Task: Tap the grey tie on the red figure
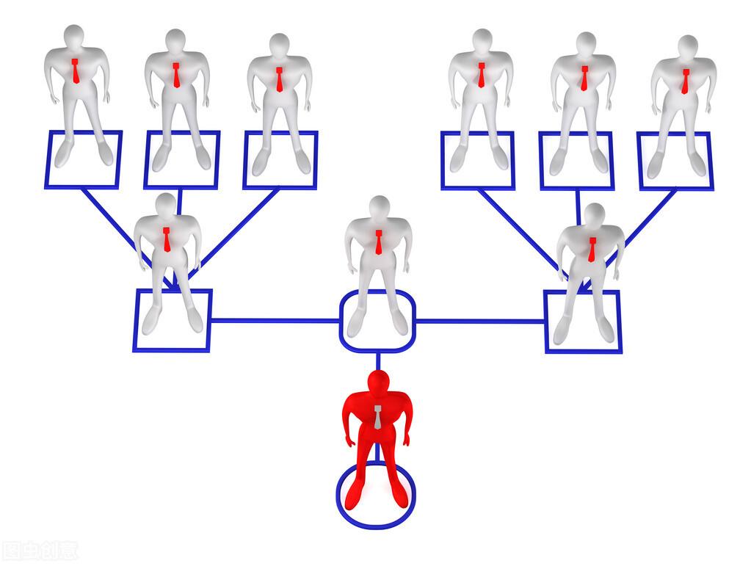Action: pyautogui.click(x=377, y=416)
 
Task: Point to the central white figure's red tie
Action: pyautogui.click(x=379, y=242)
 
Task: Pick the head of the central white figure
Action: pyautogui.click(x=379, y=208)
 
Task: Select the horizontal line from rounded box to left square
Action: pyautogui.click(x=275, y=321)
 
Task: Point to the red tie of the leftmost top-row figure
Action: pyautogui.click(x=75, y=71)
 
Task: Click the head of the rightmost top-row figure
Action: pyautogui.click(x=687, y=46)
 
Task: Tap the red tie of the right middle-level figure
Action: pyautogui.click(x=592, y=249)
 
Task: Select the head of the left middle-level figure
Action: pyautogui.click(x=166, y=205)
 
